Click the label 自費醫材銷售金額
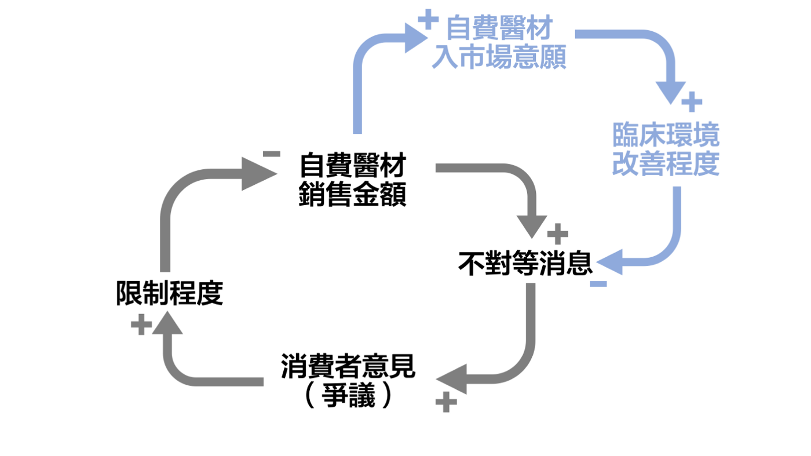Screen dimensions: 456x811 352,180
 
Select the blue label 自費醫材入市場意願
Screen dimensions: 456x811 499,43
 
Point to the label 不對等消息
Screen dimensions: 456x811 525,264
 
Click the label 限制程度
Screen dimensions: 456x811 169,294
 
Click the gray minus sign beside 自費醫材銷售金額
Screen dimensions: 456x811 271,154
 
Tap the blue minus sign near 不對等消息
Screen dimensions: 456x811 598,284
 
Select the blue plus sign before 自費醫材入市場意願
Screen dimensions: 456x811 428,20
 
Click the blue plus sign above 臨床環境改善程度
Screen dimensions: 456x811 691,103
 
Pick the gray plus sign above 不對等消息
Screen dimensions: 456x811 557,234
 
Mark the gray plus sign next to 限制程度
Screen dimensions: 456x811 141,325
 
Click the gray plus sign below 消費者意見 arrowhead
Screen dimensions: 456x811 445,402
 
